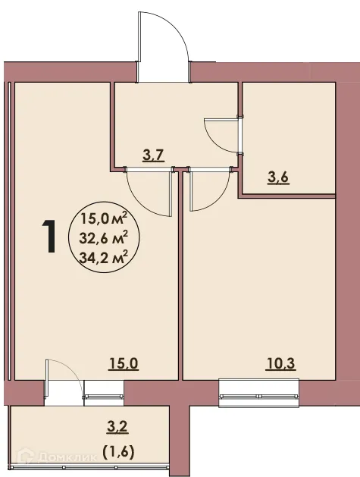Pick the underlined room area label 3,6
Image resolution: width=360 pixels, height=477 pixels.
pos(280,178)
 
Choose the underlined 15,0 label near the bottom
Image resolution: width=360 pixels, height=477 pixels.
pos(123,362)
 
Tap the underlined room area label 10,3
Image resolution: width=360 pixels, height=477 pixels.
pos(280,362)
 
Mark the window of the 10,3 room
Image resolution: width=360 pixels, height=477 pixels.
pos(259,390)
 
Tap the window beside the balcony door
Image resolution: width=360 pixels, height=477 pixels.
pos(104,390)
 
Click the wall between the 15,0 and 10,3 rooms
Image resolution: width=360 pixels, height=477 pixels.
pos(180,288)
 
